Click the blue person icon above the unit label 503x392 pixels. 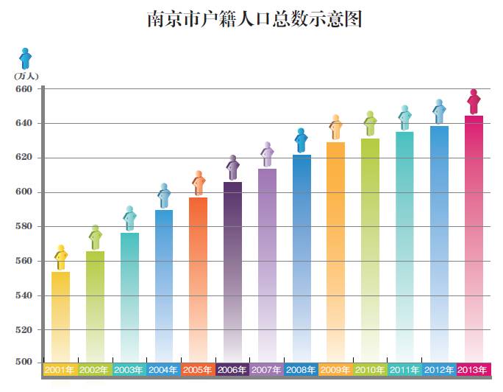coord(26,58)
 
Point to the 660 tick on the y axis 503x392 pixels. coord(24,89)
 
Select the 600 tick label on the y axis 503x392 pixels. coord(24,192)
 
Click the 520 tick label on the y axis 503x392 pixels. coord(24,330)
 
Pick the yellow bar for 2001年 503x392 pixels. coord(61,317)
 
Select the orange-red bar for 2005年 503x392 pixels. coord(199,280)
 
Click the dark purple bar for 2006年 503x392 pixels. coord(232,273)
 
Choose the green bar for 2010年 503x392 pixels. coord(371,251)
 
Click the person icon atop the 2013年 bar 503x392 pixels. coord(474,102)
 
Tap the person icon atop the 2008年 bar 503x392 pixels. coord(302,140)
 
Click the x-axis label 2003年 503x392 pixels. coord(129,369)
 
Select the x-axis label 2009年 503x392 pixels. coord(336,369)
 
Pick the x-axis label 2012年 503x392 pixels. coord(440,369)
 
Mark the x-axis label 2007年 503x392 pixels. coord(267,369)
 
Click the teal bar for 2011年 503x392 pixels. coord(405,247)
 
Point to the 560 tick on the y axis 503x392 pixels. coord(24,261)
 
